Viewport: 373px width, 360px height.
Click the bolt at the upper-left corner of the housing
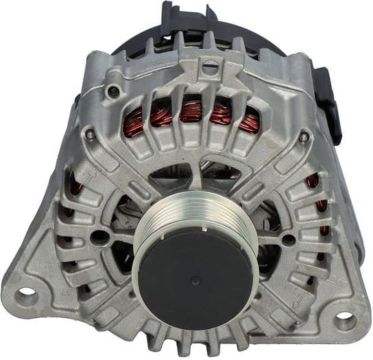(x=113, y=91)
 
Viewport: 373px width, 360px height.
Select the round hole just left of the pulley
(x=101, y=237)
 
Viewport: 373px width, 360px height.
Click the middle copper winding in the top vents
(x=191, y=110)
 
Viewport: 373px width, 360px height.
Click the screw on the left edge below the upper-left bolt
(x=90, y=135)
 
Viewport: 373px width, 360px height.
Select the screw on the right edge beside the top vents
(x=304, y=136)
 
